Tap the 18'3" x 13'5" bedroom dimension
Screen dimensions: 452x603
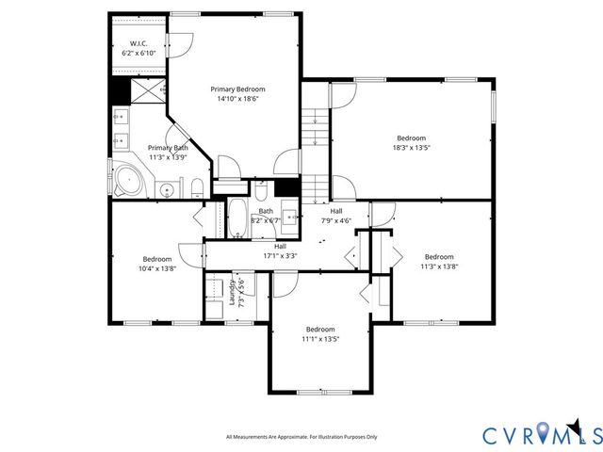pos(411,147)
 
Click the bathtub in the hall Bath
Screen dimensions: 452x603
pos(238,219)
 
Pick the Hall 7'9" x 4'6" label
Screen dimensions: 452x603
pos(336,216)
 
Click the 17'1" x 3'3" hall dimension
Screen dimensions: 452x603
pos(280,254)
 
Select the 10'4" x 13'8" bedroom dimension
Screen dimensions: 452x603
pos(156,268)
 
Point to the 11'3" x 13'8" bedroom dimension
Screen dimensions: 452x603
pos(439,266)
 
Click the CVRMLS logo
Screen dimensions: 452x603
pos(541,434)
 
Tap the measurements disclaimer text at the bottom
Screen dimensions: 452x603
pos(301,437)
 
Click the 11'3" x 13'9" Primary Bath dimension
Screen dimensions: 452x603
pos(167,157)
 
